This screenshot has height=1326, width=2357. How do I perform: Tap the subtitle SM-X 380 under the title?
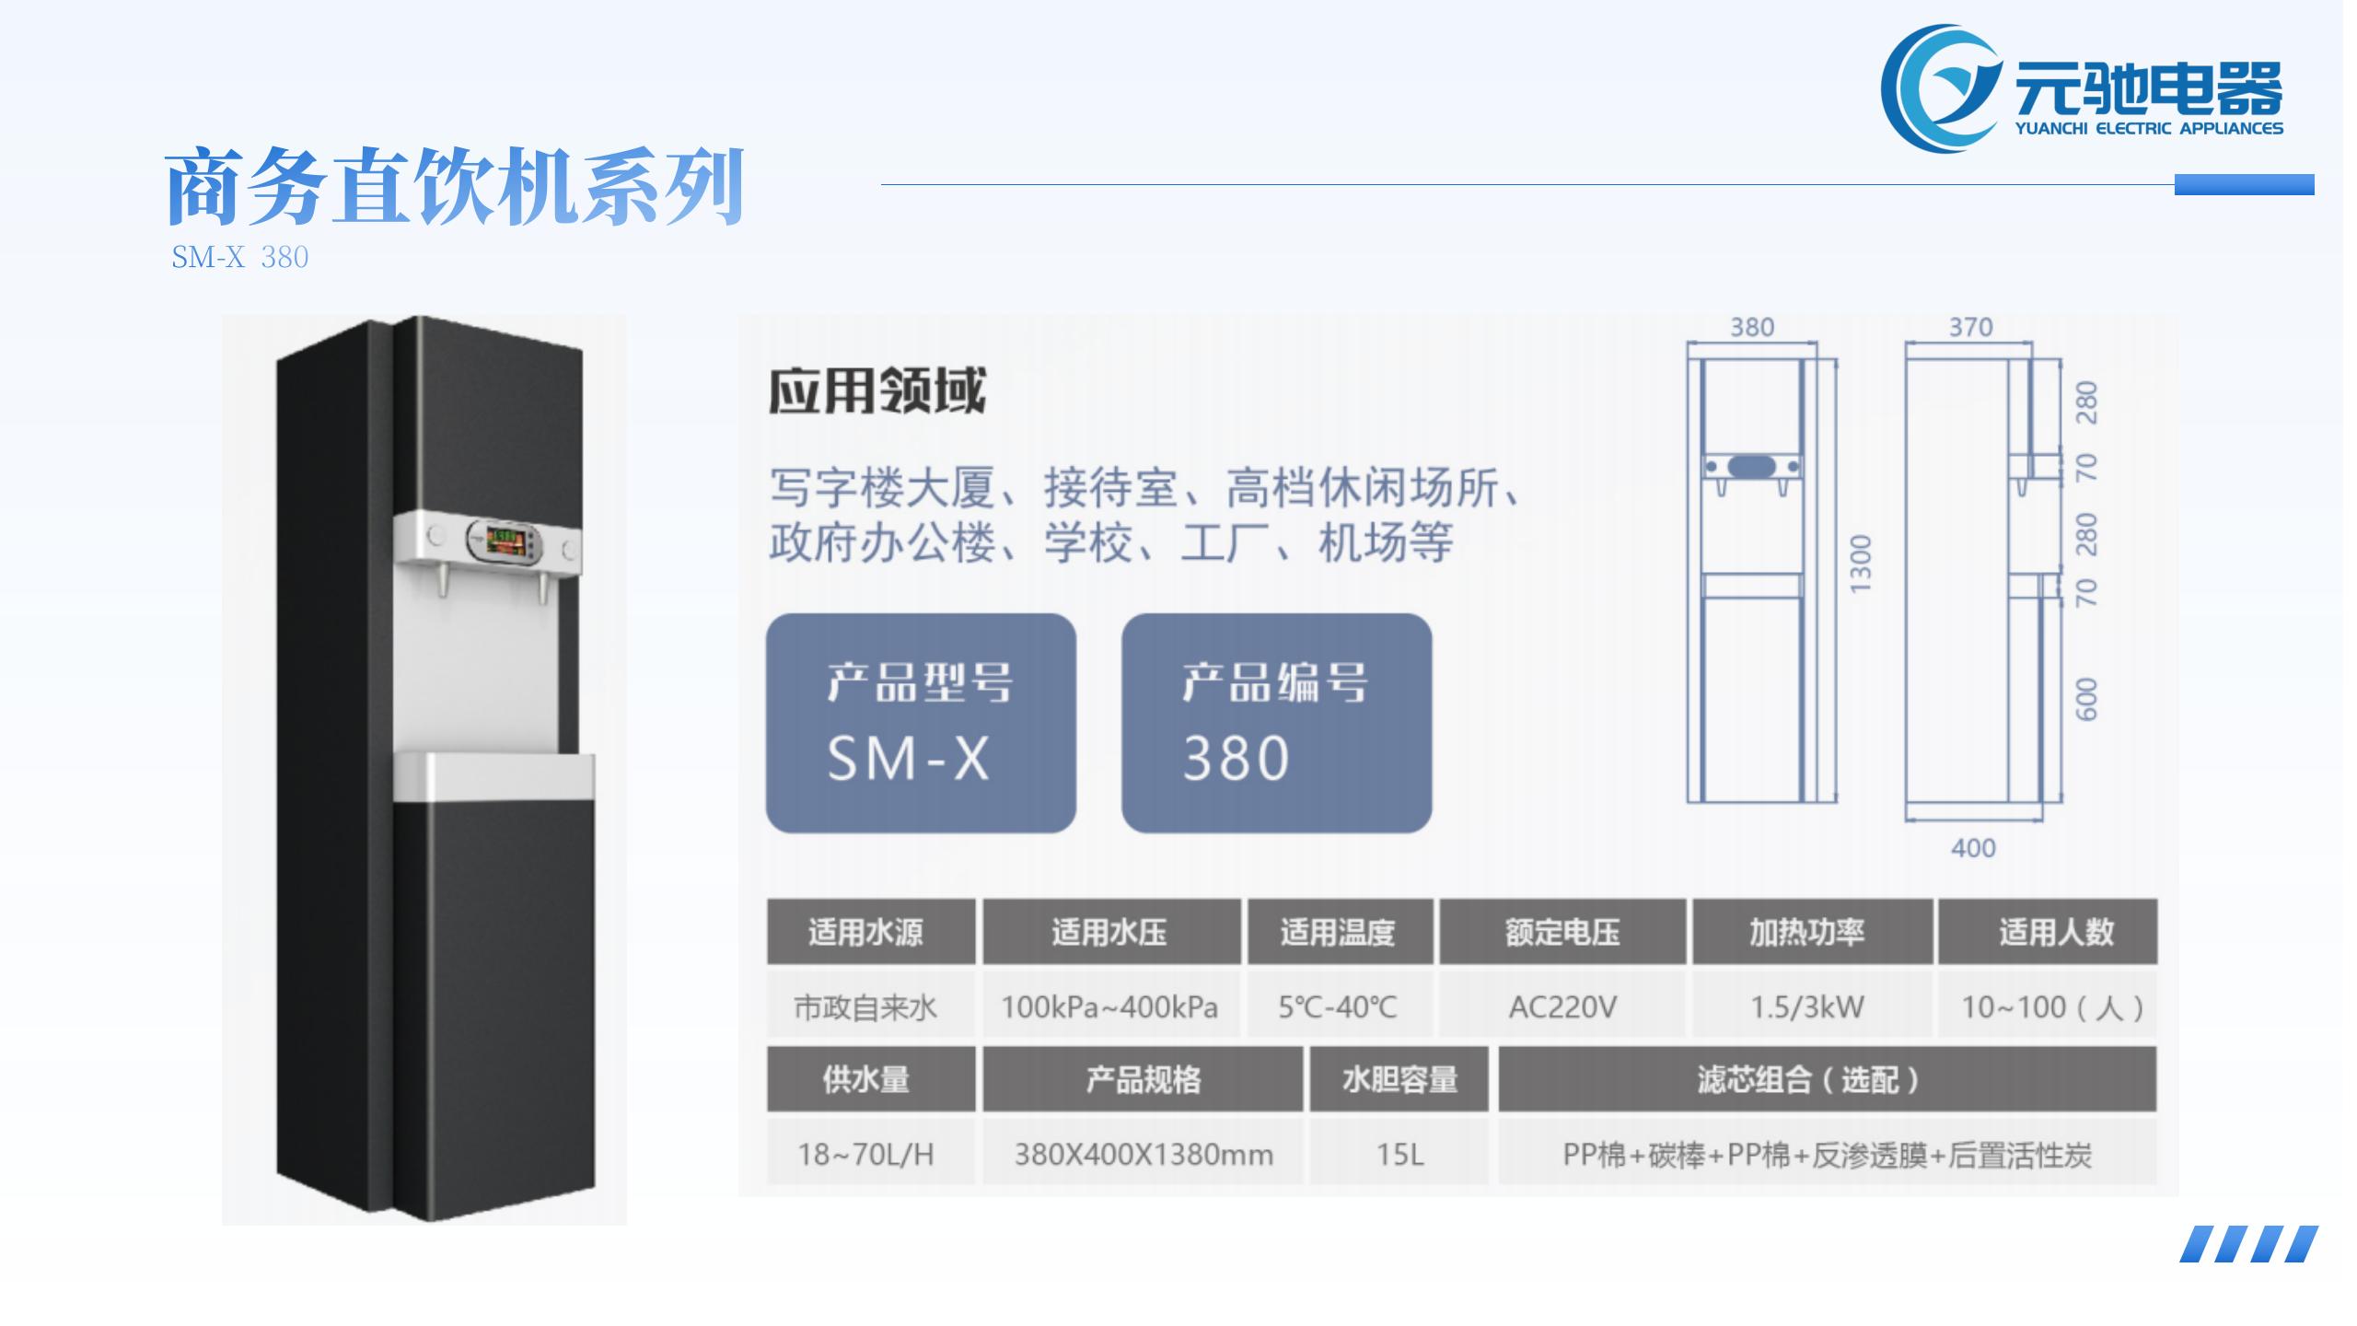coord(240,257)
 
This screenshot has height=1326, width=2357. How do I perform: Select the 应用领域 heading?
coord(877,391)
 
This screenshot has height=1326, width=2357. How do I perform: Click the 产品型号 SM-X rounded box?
coord(921,723)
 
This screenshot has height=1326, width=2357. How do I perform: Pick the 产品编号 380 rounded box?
coord(1276,723)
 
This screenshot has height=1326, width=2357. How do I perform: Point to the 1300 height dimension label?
coord(1861,564)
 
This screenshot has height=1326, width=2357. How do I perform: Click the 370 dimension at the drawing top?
coord(1970,327)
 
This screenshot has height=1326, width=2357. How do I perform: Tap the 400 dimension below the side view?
coord(1973,848)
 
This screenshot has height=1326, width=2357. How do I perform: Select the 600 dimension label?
coord(2087,700)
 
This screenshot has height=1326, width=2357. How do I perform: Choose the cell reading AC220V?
coord(1562,1006)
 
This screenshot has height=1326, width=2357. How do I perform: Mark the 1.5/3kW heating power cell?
coord(1807,1006)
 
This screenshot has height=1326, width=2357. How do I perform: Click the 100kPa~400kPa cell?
coord(1110,1006)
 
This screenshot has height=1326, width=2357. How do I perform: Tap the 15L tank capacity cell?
coord(1399,1154)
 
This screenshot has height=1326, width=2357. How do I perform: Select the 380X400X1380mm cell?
coord(1144,1154)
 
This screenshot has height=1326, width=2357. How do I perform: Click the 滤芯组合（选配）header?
coord(1828,1079)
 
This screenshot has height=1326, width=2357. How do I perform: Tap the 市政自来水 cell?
coord(865,1006)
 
